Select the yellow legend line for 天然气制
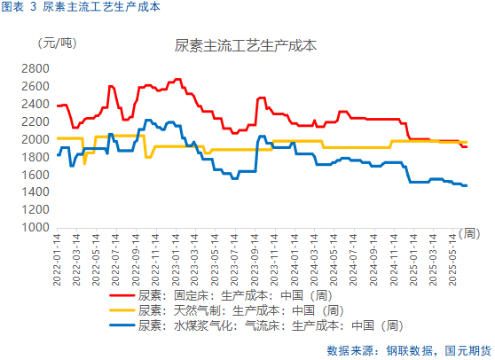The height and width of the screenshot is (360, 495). [x=121, y=311]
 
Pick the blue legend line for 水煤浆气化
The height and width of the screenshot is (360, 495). [x=121, y=325]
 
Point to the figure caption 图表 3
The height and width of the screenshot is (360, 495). [x=20, y=7]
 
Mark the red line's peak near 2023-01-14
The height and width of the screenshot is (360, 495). [x=177, y=79]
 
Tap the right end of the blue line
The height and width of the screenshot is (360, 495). [x=467, y=185]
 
